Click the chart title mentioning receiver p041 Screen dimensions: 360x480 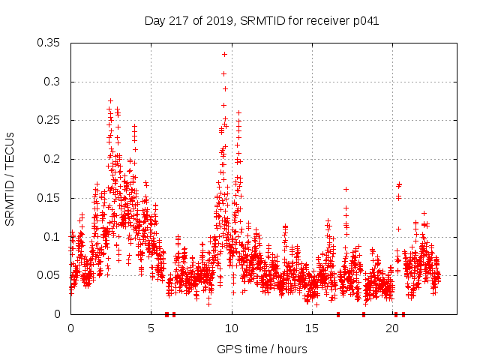point(262,21)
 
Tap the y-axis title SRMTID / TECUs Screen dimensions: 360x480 point(10,178)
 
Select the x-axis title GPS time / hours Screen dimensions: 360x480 point(262,349)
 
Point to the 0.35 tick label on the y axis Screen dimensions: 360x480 point(49,43)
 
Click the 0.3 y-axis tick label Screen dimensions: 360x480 point(52,82)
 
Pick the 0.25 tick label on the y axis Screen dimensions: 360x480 point(49,120)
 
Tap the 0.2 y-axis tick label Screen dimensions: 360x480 point(52,159)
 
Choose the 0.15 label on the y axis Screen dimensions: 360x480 point(49,198)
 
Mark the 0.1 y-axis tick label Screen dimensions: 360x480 point(52,237)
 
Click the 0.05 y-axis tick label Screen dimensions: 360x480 point(49,275)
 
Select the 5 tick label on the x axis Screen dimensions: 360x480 point(151,328)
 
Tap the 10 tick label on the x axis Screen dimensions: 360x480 point(232,328)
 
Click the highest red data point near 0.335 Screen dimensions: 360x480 point(224,54)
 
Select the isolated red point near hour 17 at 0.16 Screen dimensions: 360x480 point(346,189)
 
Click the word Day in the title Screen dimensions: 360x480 point(155,21)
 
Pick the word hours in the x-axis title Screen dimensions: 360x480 point(292,349)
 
